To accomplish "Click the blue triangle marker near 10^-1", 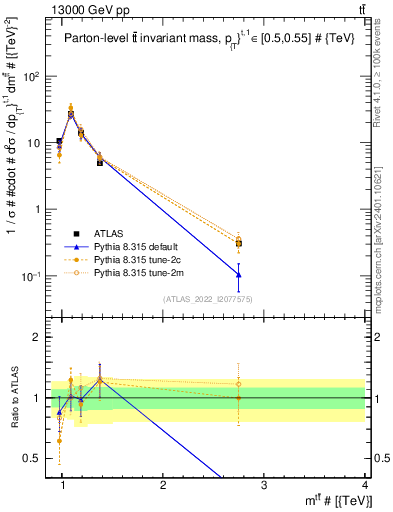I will (x=239, y=274).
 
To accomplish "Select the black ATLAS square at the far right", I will (x=239, y=243).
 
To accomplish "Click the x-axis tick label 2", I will (x=163, y=484).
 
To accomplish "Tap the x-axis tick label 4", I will (x=365, y=484).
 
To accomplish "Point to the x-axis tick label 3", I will (x=264, y=484).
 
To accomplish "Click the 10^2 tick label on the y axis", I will (x=32, y=76).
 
